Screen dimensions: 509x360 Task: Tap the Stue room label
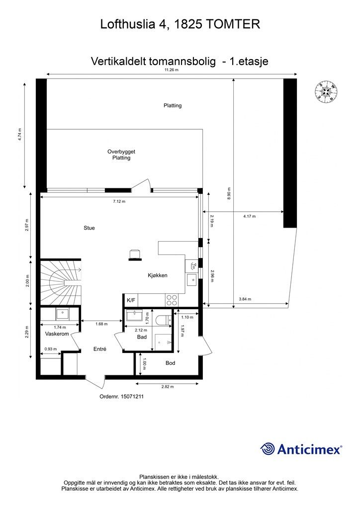[x=89, y=228]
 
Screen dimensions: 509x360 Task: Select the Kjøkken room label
[x=157, y=275]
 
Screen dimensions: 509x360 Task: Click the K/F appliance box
[x=131, y=300]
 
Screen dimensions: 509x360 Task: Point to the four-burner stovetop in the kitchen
[x=172, y=300]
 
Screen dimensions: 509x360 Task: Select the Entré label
[x=100, y=349]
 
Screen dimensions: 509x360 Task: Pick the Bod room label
[x=170, y=363]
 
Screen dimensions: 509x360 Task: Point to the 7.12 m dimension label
[x=119, y=202]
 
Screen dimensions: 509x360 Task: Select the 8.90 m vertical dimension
[x=229, y=193]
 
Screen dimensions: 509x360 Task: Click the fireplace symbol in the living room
[x=134, y=254]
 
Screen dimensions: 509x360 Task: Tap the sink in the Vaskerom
[x=63, y=314]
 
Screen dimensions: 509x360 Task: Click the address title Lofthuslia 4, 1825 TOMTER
[x=180, y=23]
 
